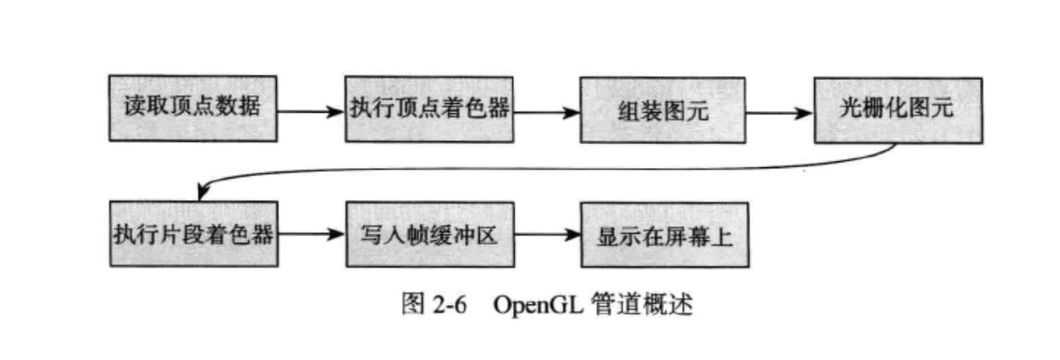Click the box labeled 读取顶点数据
pyautogui.click(x=193, y=109)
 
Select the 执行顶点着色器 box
pyautogui.click(x=428, y=109)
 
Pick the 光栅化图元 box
pyautogui.click(x=897, y=110)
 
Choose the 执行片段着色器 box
pyautogui.click(x=193, y=234)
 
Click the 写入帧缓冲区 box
pyautogui.click(x=429, y=234)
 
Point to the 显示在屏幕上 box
pyautogui.click(x=664, y=235)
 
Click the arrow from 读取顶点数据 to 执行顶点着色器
pyautogui.click(x=310, y=110)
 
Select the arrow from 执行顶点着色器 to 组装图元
pyautogui.click(x=545, y=110)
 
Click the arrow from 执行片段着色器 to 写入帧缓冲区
pyautogui.click(x=310, y=235)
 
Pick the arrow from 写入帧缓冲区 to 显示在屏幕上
pyautogui.click(x=546, y=235)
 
